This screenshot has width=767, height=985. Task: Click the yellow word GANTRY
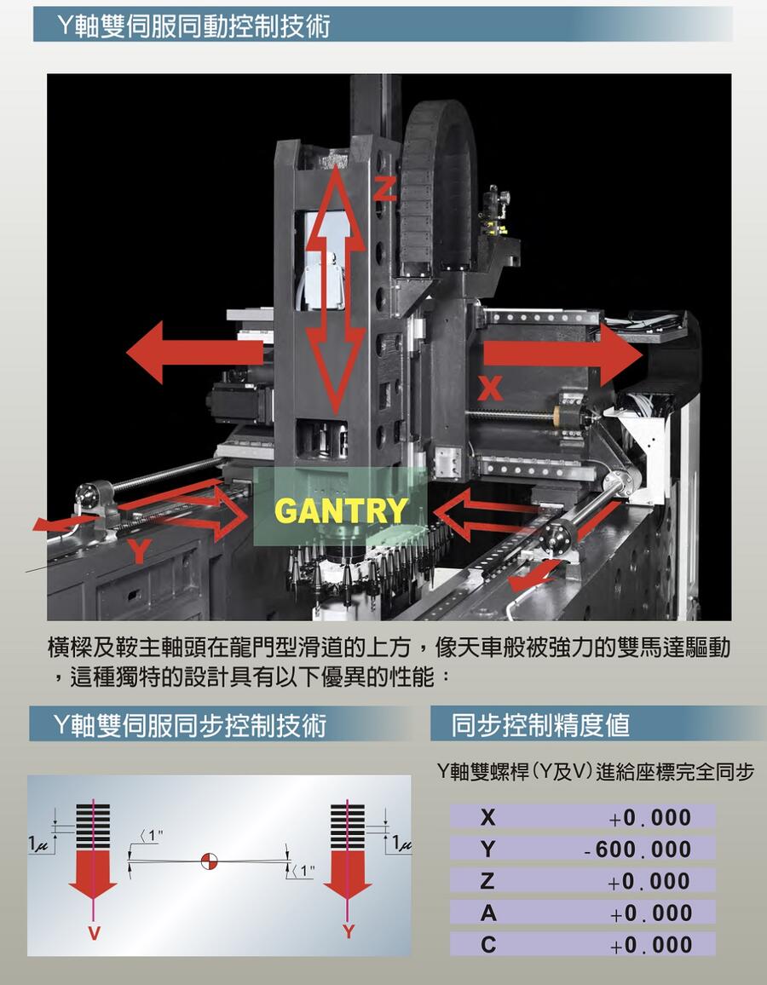[341, 510]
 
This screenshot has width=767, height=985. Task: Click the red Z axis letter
[385, 187]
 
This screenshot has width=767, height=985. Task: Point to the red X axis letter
[490, 388]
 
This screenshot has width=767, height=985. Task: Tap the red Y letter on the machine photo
[139, 551]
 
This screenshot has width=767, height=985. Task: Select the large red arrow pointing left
[195, 352]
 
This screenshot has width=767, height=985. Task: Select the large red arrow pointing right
[562, 354]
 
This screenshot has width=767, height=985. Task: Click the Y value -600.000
[637, 850]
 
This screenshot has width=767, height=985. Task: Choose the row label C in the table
[488, 944]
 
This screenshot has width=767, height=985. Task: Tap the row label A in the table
[488, 913]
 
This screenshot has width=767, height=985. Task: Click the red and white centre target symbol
[209, 861]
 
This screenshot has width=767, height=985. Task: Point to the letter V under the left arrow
[94, 933]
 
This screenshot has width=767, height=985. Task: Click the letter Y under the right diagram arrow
[349, 931]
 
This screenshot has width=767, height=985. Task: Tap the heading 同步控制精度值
[540, 724]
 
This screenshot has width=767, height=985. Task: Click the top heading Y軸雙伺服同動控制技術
[193, 26]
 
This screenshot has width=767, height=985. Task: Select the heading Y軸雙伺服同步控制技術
[190, 724]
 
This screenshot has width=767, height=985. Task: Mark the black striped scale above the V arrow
[93, 826]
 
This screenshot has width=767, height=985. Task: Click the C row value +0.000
[650, 945]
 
